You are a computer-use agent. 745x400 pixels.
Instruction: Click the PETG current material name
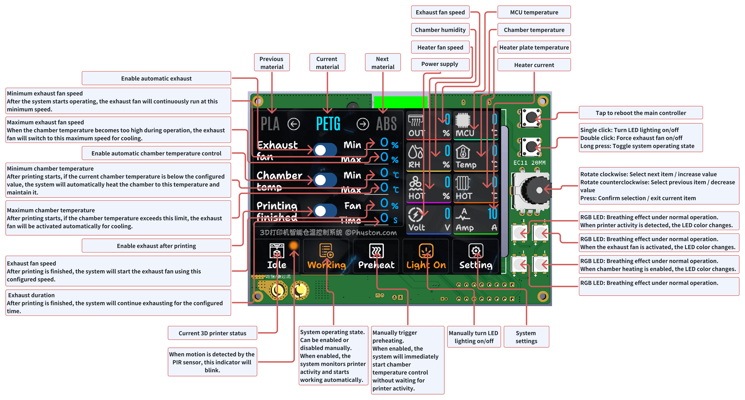point(328,124)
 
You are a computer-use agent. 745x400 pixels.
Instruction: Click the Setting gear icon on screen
point(476,251)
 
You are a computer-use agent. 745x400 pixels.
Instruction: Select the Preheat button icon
point(376,251)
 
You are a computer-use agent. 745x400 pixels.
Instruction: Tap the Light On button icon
point(426,251)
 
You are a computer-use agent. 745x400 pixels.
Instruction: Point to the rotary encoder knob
point(535,190)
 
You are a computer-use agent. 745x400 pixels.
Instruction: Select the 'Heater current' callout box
point(534,65)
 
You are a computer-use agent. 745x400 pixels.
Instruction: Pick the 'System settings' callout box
point(526,337)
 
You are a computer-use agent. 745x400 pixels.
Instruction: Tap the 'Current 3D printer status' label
point(212,333)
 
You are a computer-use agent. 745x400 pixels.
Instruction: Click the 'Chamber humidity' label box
point(440,30)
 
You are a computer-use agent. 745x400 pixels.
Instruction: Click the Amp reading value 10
point(492,214)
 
